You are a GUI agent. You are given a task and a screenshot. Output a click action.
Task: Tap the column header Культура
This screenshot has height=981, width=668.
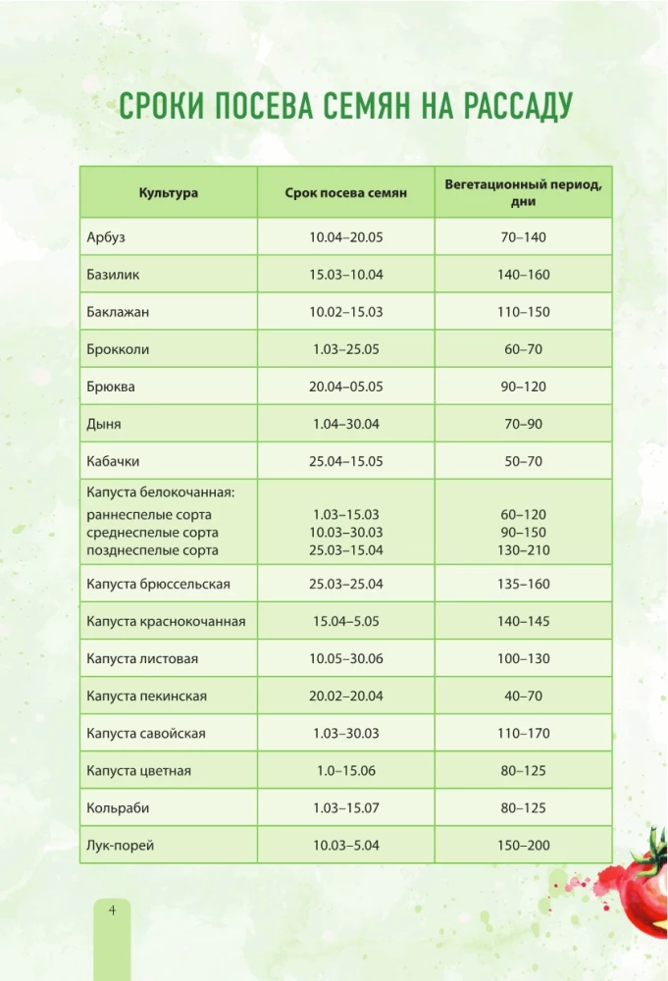(168, 193)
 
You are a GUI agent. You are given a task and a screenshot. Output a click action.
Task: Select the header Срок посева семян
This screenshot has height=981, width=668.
(345, 193)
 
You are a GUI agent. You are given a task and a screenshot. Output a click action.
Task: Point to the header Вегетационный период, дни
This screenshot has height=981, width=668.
(523, 192)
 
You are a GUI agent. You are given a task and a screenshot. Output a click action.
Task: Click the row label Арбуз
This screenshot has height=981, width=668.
(106, 237)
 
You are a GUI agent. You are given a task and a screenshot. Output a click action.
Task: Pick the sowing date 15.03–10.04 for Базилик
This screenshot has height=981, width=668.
(345, 275)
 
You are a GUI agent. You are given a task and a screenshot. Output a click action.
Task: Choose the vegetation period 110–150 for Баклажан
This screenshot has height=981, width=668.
(523, 312)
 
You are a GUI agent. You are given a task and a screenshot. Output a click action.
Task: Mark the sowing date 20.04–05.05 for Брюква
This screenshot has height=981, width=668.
(345, 387)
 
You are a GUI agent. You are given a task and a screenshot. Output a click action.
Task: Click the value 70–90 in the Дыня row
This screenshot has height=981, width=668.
(523, 424)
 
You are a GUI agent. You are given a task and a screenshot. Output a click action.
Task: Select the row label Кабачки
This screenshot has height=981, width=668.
(115, 461)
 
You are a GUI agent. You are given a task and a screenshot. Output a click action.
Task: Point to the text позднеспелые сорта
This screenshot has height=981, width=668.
(152, 550)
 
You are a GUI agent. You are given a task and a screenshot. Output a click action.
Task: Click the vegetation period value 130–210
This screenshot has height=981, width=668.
(523, 550)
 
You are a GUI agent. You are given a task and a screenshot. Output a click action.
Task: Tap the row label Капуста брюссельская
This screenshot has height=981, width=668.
(158, 585)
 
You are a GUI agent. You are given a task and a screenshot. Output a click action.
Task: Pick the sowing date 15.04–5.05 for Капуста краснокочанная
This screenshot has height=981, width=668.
(345, 622)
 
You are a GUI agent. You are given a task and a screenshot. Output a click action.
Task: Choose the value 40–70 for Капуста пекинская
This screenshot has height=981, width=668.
(523, 697)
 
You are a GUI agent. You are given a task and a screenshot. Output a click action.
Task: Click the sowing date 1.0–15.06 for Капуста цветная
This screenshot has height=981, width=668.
(345, 771)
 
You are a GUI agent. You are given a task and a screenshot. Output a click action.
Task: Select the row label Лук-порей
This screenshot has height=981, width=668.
(120, 846)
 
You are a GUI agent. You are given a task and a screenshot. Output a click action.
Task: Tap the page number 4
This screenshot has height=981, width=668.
(113, 911)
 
